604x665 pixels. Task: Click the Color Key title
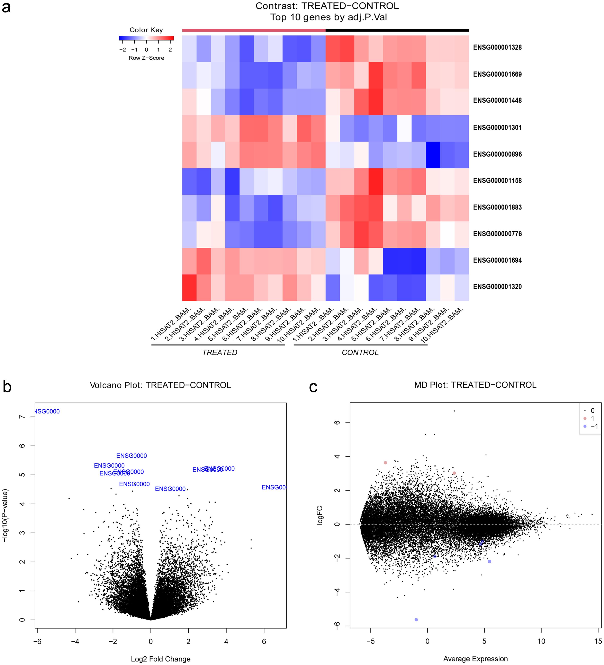point(146,30)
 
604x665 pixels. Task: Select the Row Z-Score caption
point(146,58)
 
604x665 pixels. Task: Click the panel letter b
point(7,387)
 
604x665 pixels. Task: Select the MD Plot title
point(475,385)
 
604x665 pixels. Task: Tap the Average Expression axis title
point(475,659)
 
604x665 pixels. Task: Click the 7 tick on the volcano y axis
point(22,417)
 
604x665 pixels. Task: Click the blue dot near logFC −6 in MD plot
point(416,620)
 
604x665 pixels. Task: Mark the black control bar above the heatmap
point(397,30)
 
